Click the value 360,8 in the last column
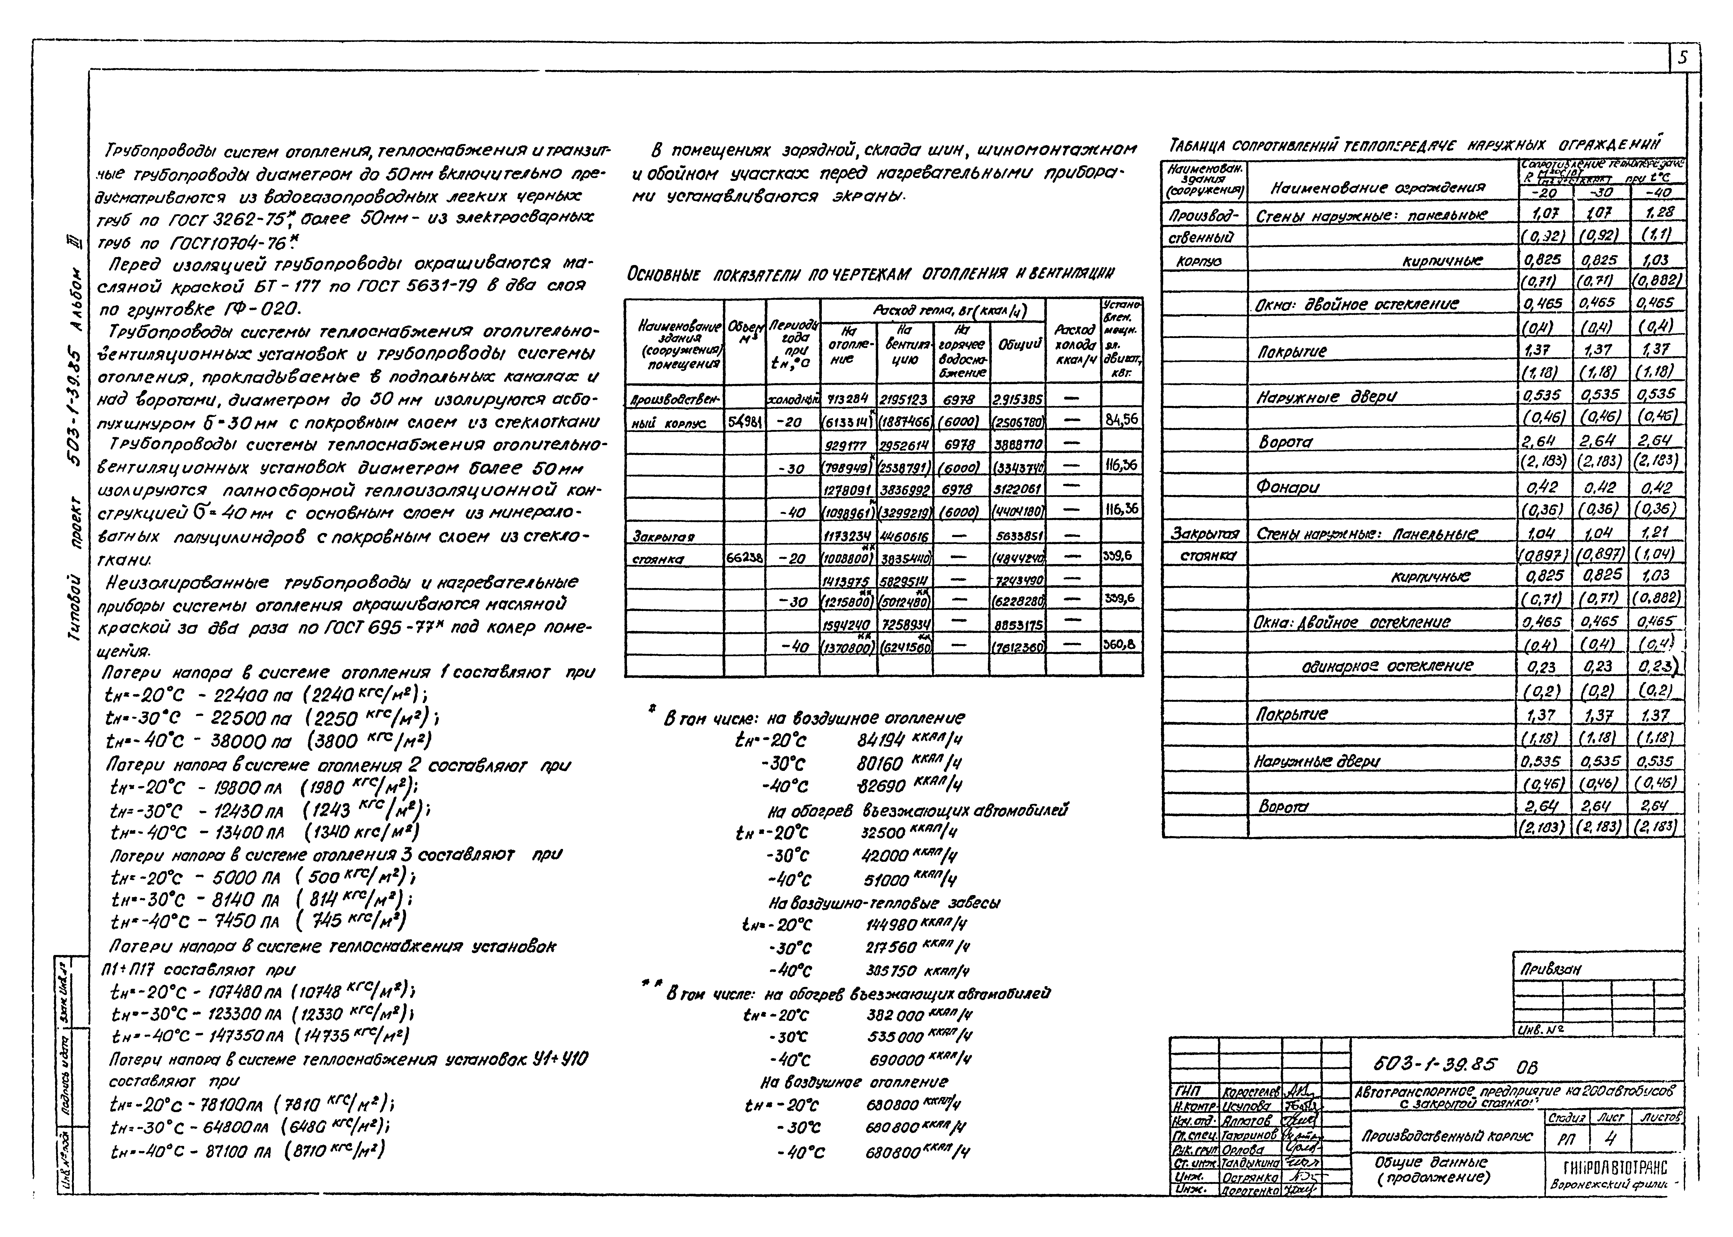(1120, 644)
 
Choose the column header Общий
(1017, 344)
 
